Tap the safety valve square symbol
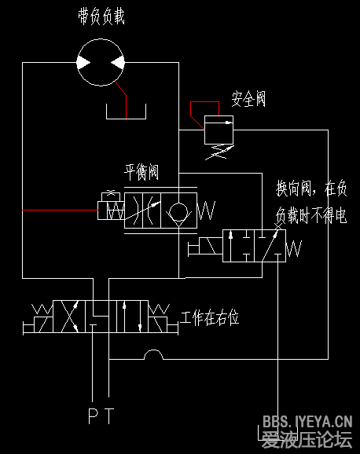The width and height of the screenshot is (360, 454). tap(219, 129)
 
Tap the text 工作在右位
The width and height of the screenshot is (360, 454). tap(209, 318)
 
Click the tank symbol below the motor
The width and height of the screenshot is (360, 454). tap(127, 114)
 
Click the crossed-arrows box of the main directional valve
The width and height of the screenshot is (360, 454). tap(66, 317)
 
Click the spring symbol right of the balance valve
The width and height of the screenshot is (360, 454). tap(208, 211)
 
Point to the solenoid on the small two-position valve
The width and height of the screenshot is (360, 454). tap(204, 248)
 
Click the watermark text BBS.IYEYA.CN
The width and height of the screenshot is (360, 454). tap(307, 422)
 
